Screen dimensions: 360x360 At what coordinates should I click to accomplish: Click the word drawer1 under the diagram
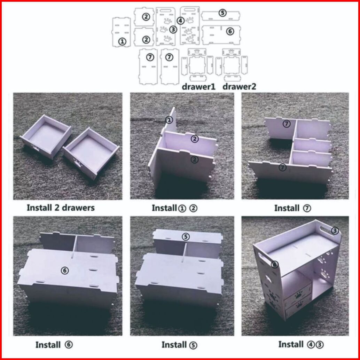click(x=198, y=87)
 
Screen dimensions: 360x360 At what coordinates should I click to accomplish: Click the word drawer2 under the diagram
click(x=239, y=87)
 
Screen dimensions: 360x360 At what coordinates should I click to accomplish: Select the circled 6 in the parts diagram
click(x=230, y=31)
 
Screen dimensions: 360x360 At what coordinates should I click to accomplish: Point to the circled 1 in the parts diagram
click(x=122, y=41)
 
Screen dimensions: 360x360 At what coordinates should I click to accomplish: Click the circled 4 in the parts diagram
click(x=180, y=21)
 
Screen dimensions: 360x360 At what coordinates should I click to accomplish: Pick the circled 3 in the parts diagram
click(x=173, y=29)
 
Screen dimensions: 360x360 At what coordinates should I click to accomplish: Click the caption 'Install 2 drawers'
click(x=61, y=208)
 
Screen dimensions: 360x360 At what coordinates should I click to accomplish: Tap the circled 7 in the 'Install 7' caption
click(x=307, y=208)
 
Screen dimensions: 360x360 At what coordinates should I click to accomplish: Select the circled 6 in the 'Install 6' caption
click(x=69, y=345)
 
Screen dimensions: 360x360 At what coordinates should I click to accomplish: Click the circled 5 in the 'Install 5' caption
click(x=193, y=345)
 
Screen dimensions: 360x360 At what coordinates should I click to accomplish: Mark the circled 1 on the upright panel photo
click(x=169, y=120)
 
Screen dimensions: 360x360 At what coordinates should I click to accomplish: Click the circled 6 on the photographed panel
click(x=65, y=271)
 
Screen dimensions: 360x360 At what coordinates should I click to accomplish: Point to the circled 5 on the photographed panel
click(x=186, y=237)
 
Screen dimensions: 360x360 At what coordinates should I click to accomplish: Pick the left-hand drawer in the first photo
click(x=46, y=137)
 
